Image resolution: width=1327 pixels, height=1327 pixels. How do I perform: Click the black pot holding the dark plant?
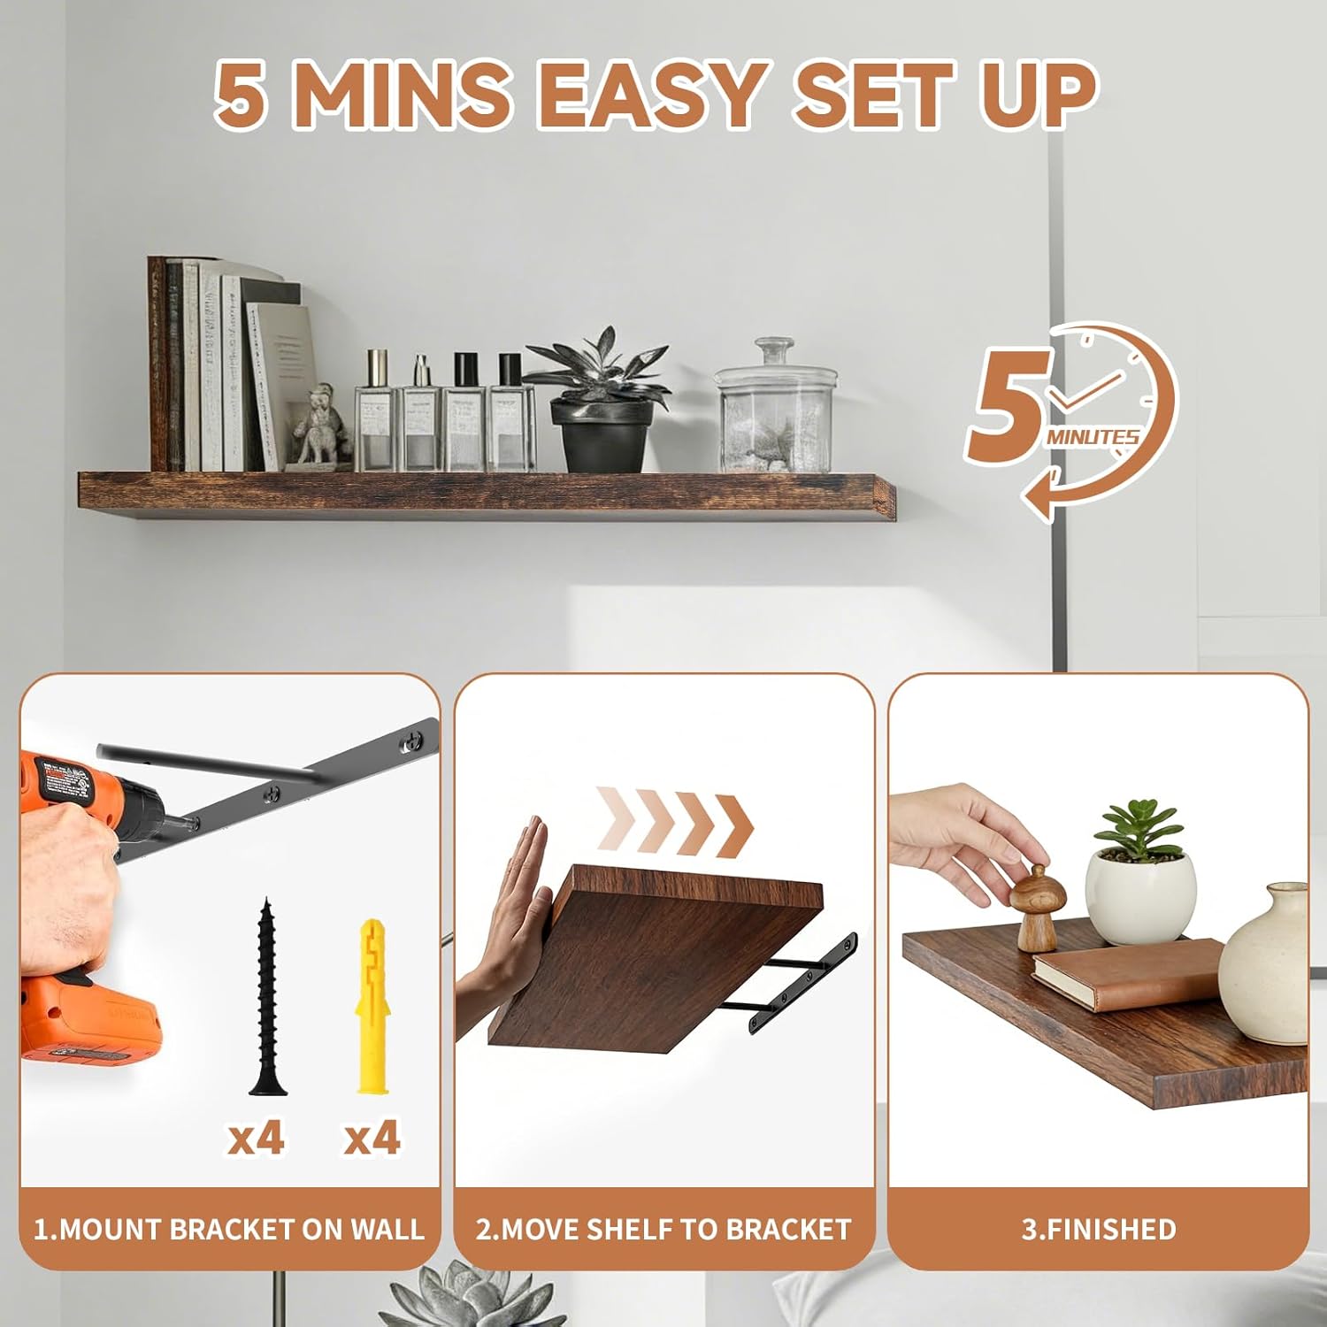[x=602, y=434]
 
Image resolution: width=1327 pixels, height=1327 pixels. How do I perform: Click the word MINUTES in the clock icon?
[x=1093, y=436]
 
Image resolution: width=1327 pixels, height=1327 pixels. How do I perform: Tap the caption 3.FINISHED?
[x=1099, y=1229]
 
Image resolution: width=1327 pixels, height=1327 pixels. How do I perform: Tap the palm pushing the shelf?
[x=519, y=894]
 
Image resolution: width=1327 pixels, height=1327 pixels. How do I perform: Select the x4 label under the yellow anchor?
[x=372, y=1137]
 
